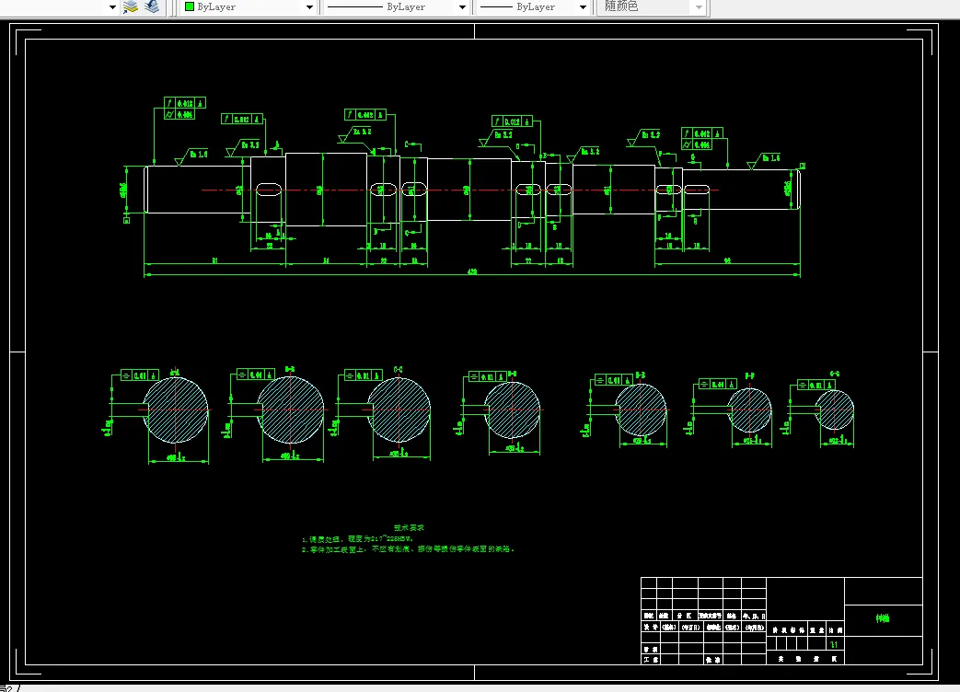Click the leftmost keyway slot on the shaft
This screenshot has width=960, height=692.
tap(268, 190)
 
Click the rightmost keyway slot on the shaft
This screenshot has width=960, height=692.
tap(697, 190)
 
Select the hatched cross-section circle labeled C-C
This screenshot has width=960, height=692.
tap(399, 409)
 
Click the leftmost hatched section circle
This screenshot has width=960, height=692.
tap(175, 409)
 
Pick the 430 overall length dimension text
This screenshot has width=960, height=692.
tap(472, 272)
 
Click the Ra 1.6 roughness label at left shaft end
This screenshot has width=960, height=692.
tap(199, 154)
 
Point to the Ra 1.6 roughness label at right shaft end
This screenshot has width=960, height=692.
tap(769, 158)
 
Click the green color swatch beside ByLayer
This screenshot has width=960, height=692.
tap(190, 6)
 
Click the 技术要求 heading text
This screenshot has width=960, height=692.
tap(409, 528)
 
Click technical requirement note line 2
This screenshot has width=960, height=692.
tap(407, 549)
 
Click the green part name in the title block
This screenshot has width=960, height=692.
tap(882, 619)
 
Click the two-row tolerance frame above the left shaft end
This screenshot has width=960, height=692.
tap(184, 109)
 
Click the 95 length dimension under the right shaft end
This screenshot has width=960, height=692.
tap(727, 261)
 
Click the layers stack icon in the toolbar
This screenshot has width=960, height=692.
tap(131, 6)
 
